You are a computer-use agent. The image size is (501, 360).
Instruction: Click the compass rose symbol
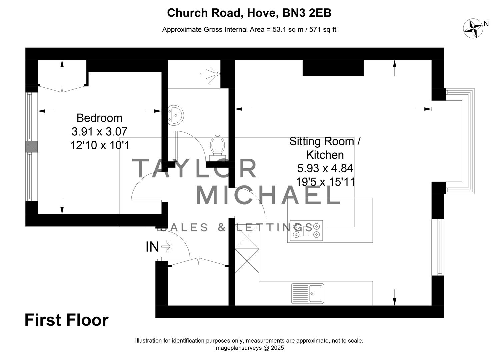click(473, 28)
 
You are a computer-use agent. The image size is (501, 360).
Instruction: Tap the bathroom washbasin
click(176, 115)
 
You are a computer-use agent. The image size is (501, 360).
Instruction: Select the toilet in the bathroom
click(217, 145)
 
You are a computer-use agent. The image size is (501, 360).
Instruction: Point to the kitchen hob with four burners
click(306, 231)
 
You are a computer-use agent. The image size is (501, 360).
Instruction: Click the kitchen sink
click(308, 294)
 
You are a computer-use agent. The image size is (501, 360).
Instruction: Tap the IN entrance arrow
click(167, 247)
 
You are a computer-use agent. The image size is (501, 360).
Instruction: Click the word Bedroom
click(100, 118)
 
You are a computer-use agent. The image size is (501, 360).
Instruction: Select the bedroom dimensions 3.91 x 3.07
click(100, 131)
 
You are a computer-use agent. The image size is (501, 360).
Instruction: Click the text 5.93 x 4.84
click(325, 168)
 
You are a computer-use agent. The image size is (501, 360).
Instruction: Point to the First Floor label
click(67, 320)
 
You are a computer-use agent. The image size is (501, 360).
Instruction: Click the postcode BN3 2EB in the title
click(307, 13)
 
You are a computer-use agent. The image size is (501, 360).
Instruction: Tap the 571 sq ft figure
click(323, 30)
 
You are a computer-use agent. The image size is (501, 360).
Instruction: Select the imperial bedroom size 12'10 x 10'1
click(100, 145)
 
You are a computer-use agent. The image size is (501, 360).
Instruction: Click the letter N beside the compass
click(486, 23)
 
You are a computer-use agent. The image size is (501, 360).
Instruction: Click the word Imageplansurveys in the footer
click(238, 348)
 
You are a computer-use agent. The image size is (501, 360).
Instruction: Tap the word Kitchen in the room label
click(325, 155)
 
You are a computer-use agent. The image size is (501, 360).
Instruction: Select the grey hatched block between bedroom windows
click(32, 147)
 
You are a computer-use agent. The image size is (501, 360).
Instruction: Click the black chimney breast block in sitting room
click(333, 68)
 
